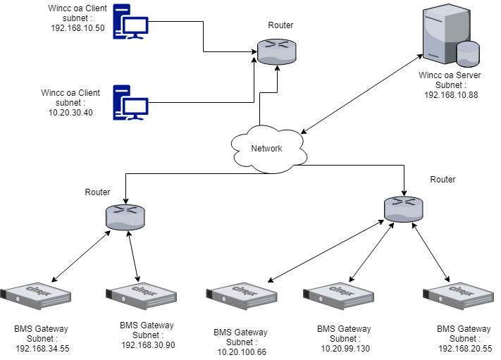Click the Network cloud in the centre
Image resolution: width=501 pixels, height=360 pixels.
click(266, 148)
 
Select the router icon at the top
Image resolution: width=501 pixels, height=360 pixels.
click(276, 51)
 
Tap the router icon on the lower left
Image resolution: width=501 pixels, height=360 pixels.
click(125, 217)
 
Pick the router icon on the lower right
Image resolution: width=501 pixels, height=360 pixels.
click(404, 209)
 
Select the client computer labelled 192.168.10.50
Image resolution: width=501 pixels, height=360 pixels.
click(131, 25)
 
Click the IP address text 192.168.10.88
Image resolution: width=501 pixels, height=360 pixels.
click(451, 94)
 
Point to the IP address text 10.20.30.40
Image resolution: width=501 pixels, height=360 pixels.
click(70, 112)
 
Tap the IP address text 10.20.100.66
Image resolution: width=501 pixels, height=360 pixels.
click(241, 352)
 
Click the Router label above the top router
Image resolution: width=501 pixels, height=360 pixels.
click(280, 25)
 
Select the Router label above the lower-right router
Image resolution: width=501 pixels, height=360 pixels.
click(443, 180)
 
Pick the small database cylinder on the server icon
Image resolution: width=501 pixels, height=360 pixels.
click(467, 54)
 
